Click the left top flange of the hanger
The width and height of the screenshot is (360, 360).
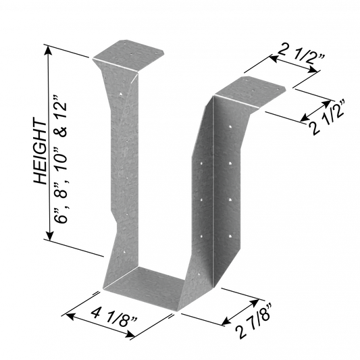pyautogui.click(x=128, y=55)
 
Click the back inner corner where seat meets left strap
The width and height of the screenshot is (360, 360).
pyautogui.click(x=139, y=266)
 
